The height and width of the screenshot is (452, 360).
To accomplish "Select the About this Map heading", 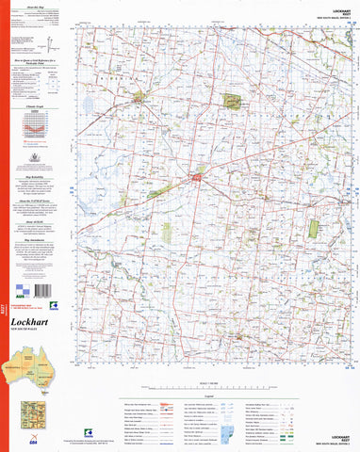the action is pos(38,6).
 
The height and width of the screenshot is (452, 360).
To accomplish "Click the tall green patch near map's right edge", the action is pos(315,228).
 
